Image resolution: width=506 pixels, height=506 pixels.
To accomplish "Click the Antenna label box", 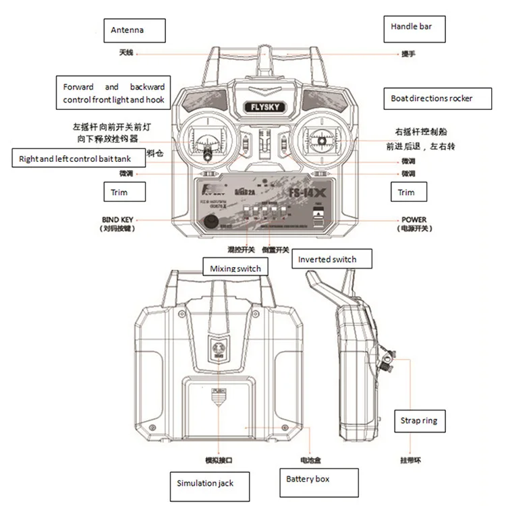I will coord(137,30).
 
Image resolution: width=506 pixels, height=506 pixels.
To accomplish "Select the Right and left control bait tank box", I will coord(80,158).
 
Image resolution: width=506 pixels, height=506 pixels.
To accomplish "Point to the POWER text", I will coord(414,220).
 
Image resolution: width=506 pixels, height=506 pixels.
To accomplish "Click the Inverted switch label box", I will coord(327,259).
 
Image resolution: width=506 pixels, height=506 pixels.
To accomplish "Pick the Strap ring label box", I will coord(419,421).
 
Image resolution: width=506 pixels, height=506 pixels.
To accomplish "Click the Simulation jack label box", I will coord(205,484).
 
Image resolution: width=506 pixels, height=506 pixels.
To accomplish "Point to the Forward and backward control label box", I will coord(113,93).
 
